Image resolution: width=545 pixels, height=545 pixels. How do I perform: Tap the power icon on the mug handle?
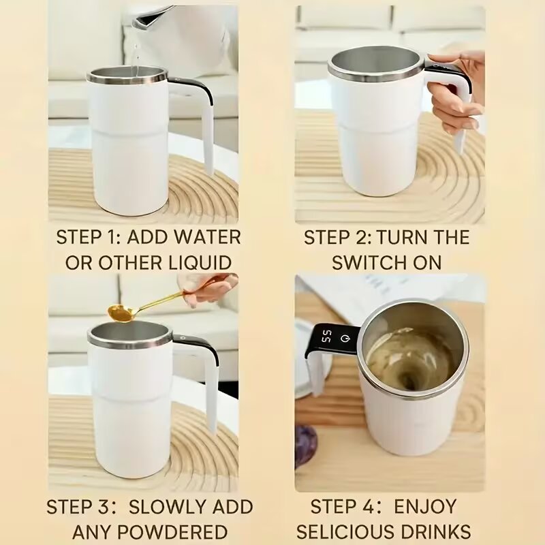point(345,337)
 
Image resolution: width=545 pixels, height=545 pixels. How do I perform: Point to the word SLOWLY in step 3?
point(166,507)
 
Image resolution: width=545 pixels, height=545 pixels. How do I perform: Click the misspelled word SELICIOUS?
point(347,531)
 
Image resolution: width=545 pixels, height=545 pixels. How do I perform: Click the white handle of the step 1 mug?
point(204,129)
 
